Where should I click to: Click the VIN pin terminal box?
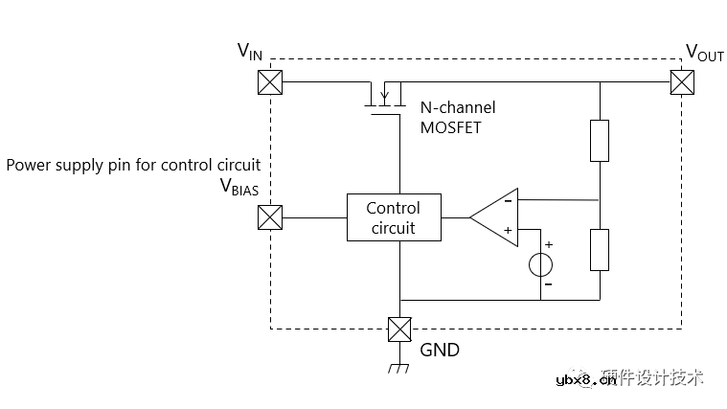[271, 82]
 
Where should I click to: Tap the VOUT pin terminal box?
[682, 82]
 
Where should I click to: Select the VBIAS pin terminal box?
[271, 217]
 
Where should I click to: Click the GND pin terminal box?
[399, 329]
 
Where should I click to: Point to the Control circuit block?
[393, 217]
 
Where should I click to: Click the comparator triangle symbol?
[498, 217]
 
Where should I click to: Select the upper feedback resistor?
[600, 141]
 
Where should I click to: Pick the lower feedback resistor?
[600, 249]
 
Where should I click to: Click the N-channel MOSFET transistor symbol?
[383, 97]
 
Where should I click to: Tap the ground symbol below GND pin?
[399, 369]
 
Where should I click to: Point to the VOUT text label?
[704, 52]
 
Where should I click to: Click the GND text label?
[440, 350]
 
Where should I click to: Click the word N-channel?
[458, 107]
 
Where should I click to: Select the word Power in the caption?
[27, 164]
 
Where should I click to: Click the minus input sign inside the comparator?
[508, 201]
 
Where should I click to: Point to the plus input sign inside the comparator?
[508, 231]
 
